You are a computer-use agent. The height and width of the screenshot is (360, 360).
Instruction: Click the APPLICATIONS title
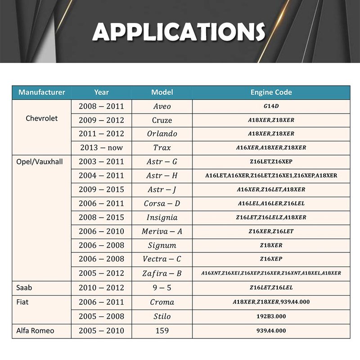179,32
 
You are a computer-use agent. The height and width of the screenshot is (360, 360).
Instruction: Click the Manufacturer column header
42,92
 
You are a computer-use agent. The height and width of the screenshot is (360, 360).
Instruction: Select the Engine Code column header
271,92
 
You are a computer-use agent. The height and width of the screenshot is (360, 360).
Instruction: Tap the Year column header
101,92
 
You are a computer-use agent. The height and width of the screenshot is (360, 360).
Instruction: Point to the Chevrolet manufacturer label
42,119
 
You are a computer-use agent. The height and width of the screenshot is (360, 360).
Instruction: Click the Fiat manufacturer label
22,302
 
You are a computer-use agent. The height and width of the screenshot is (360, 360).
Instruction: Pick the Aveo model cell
162,107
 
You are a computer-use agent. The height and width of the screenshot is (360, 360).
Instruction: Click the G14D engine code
271,107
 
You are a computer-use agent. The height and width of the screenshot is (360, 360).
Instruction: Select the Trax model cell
162,148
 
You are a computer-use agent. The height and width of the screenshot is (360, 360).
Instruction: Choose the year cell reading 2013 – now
101,148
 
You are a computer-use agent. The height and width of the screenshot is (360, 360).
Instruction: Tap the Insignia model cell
162,217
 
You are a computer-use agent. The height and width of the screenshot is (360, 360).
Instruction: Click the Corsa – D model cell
162,203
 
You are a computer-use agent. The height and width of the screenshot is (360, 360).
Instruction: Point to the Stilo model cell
162,316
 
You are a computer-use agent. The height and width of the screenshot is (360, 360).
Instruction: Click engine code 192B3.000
271,316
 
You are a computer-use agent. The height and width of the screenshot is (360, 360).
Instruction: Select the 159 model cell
162,331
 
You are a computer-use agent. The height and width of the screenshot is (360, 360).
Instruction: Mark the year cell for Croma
101,302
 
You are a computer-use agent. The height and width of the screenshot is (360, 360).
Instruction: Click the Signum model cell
162,245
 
